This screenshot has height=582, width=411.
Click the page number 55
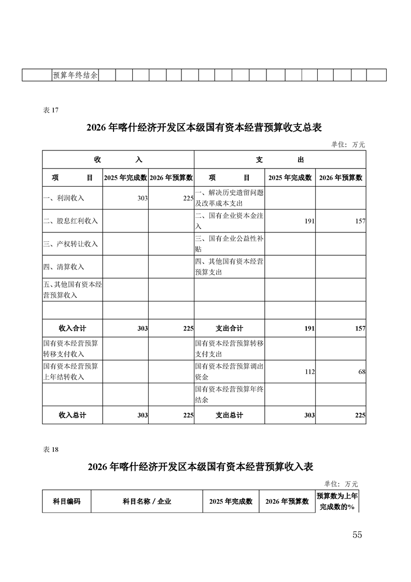(x=357, y=535)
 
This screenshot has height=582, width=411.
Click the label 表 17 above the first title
(x=50, y=109)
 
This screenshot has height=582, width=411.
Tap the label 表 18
(x=50, y=450)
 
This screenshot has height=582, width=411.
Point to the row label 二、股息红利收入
(x=70, y=221)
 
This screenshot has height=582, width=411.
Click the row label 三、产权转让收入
(x=70, y=244)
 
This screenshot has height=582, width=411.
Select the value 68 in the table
(x=362, y=372)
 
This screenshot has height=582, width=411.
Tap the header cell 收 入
(x=118, y=160)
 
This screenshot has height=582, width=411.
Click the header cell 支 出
(x=280, y=160)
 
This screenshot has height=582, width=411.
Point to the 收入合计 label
(x=73, y=328)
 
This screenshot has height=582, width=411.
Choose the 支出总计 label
(x=229, y=415)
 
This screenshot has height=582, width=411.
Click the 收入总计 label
(x=73, y=415)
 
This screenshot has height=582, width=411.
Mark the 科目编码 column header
(x=67, y=502)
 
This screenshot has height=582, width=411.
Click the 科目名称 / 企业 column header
(x=147, y=502)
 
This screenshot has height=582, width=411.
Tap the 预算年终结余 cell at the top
(x=75, y=75)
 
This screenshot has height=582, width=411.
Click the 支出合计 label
(x=229, y=328)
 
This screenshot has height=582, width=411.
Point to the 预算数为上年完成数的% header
(x=337, y=502)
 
